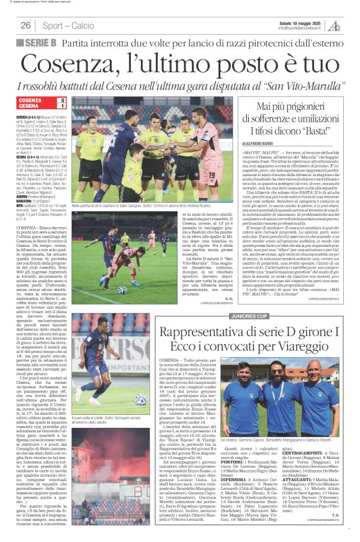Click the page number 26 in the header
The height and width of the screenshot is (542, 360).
tap(26, 25)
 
